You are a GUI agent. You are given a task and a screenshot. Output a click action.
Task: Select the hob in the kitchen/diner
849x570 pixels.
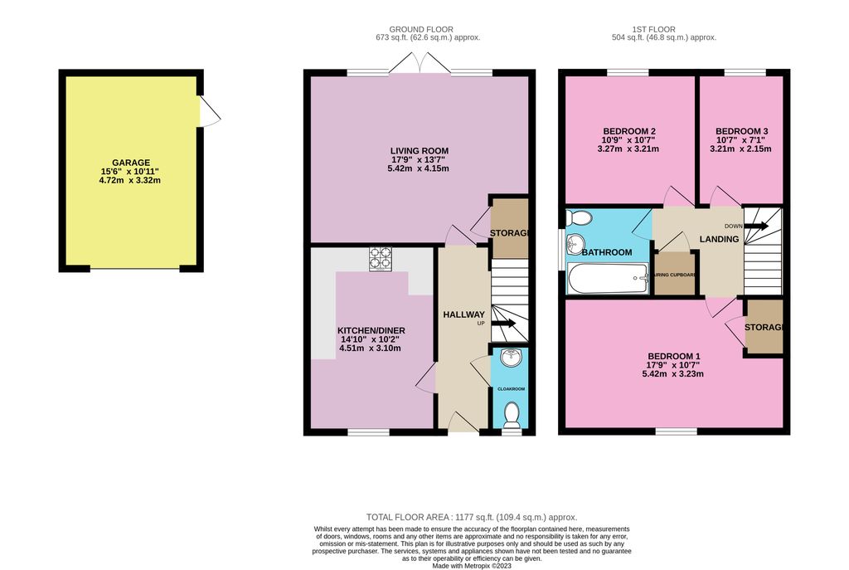[381, 259]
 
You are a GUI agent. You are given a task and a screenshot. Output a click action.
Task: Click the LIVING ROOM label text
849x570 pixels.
[419, 151]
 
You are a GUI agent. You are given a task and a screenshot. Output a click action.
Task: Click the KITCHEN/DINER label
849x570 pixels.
[372, 330]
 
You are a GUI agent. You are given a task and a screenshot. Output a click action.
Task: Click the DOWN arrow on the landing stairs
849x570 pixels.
[756, 225]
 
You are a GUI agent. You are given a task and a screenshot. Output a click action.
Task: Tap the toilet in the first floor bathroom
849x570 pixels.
[578, 218]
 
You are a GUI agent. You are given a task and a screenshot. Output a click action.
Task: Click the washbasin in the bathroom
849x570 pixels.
[575, 245]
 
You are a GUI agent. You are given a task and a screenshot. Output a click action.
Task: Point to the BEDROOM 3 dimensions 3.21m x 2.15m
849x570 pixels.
[743, 150]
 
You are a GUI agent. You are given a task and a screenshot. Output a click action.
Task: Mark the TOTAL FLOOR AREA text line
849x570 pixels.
[471, 517]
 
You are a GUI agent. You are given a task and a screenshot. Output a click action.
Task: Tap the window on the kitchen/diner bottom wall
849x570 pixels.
[368, 431]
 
